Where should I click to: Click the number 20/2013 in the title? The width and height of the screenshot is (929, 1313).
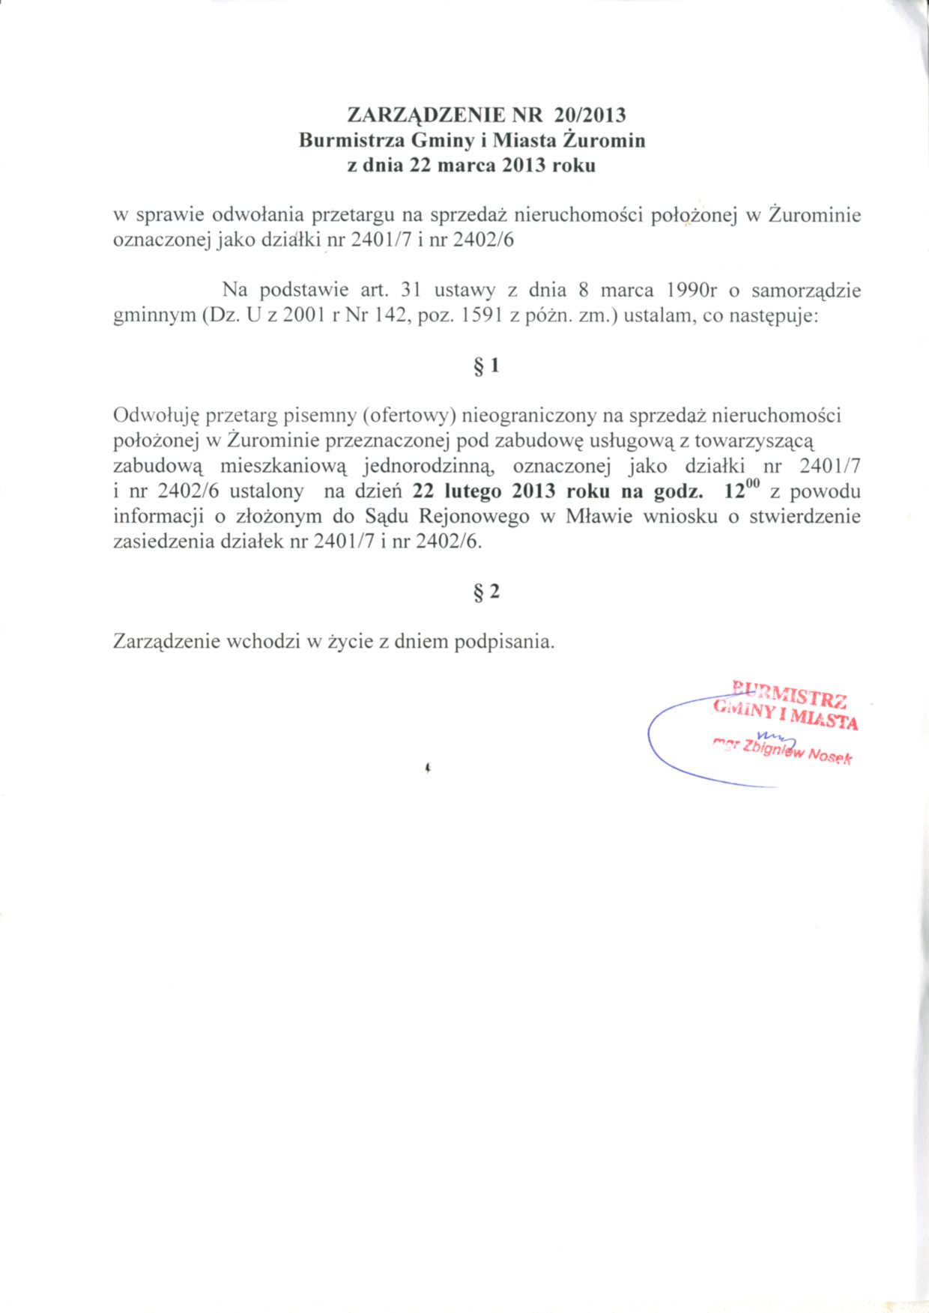click(x=590, y=115)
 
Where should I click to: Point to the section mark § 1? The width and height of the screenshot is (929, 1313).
click(x=486, y=366)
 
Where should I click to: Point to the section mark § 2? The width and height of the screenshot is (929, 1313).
click(x=486, y=592)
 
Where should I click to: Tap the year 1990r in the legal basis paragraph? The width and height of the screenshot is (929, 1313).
click(x=692, y=290)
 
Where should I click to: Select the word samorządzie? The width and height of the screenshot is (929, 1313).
click(x=805, y=291)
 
